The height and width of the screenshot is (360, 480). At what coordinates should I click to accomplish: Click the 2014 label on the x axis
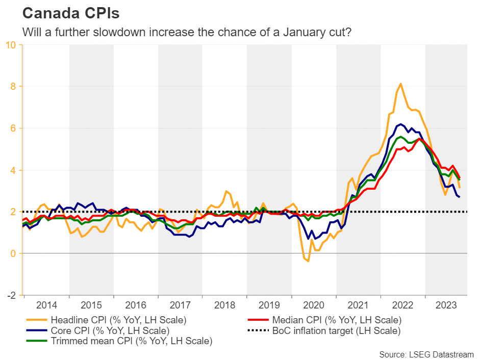click(46, 305)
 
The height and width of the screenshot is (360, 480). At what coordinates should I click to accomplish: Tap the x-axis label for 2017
click(180, 305)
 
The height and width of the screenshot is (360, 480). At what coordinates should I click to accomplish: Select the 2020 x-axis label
click(314, 305)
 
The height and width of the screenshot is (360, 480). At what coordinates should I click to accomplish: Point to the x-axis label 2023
click(447, 305)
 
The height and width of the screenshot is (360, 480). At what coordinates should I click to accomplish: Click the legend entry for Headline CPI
click(117, 320)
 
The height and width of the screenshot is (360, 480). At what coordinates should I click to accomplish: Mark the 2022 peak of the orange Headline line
click(400, 84)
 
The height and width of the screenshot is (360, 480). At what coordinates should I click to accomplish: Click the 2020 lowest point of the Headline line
click(308, 261)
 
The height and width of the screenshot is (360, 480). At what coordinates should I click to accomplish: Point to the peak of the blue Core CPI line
click(401, 124)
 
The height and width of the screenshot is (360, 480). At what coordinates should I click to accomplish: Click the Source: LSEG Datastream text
click(426, 354)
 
